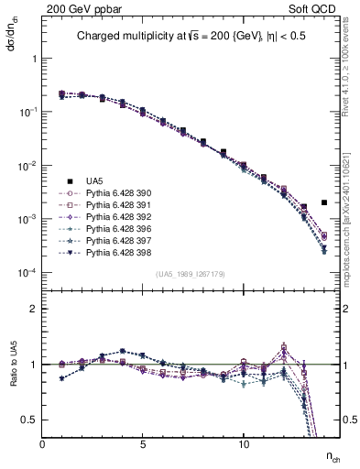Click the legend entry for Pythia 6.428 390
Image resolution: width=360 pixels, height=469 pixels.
pyautogui.click(x=115, y=193)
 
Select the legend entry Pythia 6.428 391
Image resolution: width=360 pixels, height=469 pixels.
pyautogui.click(x=115, y=205)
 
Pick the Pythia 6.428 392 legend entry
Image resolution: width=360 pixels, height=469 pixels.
pyautogui.click(x=115, y=217)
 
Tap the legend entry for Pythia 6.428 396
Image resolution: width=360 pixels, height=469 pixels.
pyautogui.click(x=115, y=229)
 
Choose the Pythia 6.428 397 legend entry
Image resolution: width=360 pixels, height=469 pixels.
pyautogui.click(x=115, y=241)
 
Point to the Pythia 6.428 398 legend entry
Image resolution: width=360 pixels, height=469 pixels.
pyautogui.click(x=115, y=253)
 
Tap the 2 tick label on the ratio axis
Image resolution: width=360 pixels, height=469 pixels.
pyautogui.click(x=35, y=309)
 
